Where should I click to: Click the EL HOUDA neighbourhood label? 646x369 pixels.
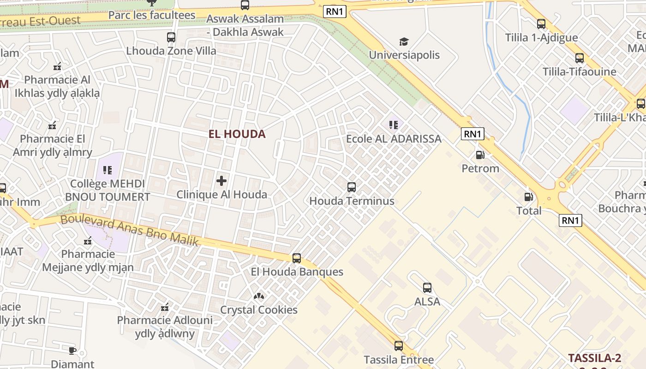click(237, 134)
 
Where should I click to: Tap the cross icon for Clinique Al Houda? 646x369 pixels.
click(221, 181)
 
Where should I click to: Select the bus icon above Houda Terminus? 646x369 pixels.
click(352, 187)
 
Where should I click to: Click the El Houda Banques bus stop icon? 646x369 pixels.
click(297, 258)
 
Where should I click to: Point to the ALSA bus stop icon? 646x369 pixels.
click(427, 288)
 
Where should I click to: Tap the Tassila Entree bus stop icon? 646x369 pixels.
click(399, 346)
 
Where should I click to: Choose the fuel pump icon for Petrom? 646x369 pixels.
click(480, 155)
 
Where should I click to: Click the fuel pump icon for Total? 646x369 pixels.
click(528, 197)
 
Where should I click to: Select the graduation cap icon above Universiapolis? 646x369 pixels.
click(404, 42)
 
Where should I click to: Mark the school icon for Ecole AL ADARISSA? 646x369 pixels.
click(393, 125)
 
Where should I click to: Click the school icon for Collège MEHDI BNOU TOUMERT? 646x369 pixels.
click(108, 170)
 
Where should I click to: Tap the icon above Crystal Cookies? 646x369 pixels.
click(258, 296)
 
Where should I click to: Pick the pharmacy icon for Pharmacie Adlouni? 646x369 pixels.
click(165, 307)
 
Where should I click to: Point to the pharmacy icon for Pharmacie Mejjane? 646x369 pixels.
click(88, 240)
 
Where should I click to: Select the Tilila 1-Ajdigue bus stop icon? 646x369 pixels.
click(541, 24)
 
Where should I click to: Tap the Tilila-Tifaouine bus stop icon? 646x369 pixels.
click(580, 58)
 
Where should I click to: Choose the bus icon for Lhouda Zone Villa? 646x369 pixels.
click(171, 37)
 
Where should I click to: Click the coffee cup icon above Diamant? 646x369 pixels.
click(72, 351)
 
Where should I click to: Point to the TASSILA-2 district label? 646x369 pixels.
click(595, 358)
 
